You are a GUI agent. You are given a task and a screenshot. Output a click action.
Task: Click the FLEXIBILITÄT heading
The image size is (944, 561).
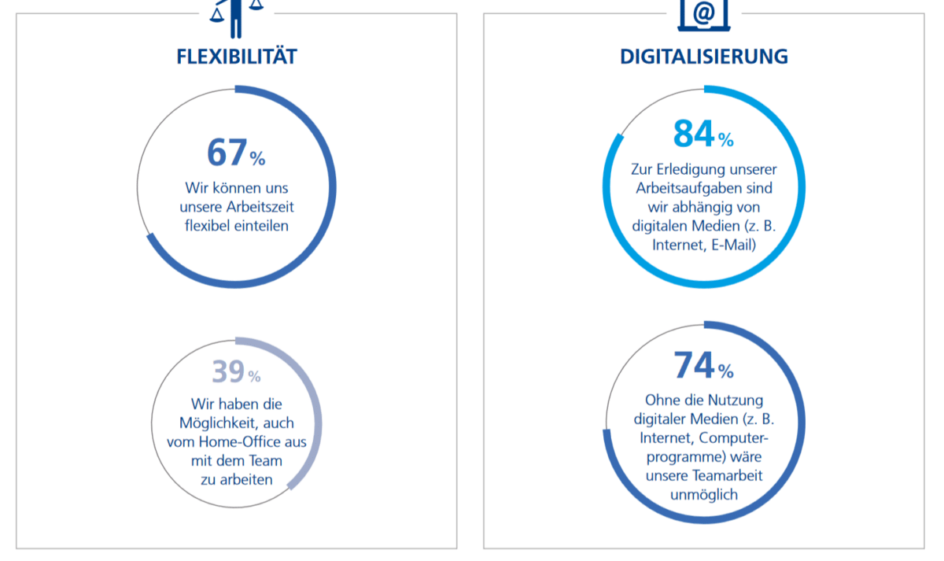(237, 57)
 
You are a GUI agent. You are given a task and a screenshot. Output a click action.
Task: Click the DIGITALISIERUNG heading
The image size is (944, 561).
(704, 57)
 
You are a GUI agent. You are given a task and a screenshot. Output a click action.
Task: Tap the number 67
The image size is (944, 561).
(227, 153)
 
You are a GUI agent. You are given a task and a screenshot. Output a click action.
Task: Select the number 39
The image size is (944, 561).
(228, 372)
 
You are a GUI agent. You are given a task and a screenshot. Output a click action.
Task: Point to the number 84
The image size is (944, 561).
(694, 134)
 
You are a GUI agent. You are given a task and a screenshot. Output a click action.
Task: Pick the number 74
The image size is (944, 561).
(694, 365)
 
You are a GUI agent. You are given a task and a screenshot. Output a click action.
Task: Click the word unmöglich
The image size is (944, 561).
(704, 495)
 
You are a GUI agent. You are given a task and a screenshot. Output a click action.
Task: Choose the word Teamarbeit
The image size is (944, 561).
(726, 476)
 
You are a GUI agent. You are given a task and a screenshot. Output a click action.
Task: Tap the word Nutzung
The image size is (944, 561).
(735, 400)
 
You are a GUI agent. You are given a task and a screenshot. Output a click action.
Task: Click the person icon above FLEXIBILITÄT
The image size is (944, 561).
(236, 16)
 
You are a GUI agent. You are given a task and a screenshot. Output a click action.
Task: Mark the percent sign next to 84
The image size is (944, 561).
(725, 141)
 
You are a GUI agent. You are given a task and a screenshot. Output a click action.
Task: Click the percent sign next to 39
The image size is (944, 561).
(254, 378)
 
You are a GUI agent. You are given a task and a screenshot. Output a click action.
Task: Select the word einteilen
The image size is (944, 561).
(263, 226)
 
